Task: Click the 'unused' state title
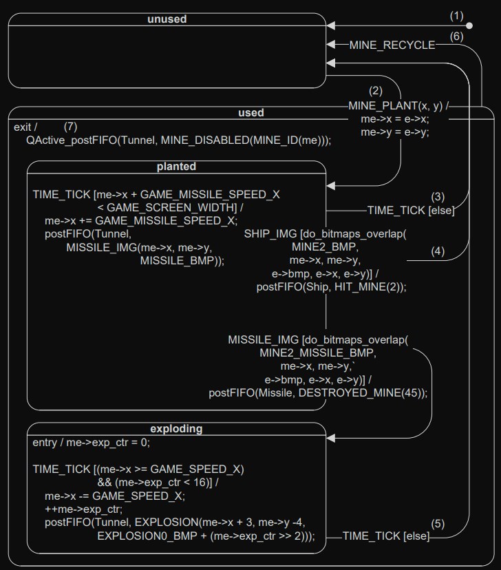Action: pos(167,19)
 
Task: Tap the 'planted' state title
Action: pos(176,167)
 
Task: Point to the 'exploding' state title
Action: pos(176,428)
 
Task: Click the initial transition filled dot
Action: pos(469,26)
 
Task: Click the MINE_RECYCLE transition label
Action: pos(392,45)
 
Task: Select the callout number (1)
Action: pos(457,14)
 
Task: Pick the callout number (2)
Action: pos(375,90)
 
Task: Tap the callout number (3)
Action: pos(438,196)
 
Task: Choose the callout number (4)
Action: pos(438,251)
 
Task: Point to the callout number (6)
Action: pos(457,36)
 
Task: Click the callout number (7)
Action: pos(71,127)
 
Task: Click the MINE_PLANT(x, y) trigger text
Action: pos(395,106)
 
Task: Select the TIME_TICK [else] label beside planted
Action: pos(411,211)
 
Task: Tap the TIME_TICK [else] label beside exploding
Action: pos(385,536)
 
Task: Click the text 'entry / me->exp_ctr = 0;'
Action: pos(91,443)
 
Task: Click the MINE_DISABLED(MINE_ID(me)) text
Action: pos(249,140)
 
